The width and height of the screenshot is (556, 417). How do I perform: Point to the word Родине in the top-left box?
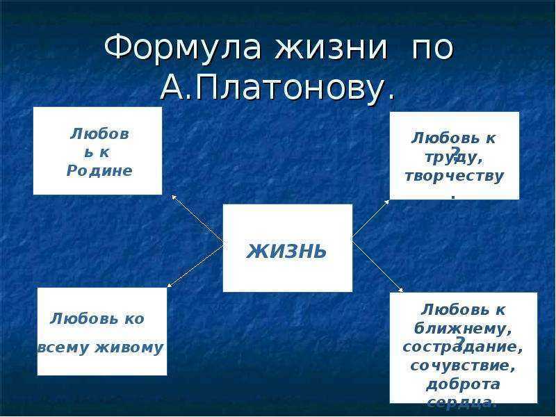(x=99, y=170)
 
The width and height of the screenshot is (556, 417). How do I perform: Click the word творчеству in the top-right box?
(x=454, y=176)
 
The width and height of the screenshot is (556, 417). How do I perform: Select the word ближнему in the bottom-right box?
(x=463, y=327)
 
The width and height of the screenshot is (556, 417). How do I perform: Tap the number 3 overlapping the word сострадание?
(x=459, y=342)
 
